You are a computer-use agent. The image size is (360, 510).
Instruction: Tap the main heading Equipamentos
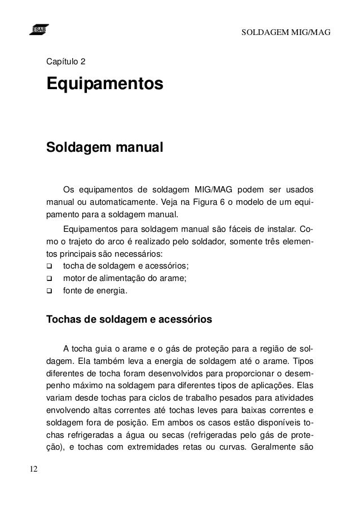(x=104, y=85)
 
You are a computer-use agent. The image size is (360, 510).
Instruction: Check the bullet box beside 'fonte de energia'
(x=49, y=292)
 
